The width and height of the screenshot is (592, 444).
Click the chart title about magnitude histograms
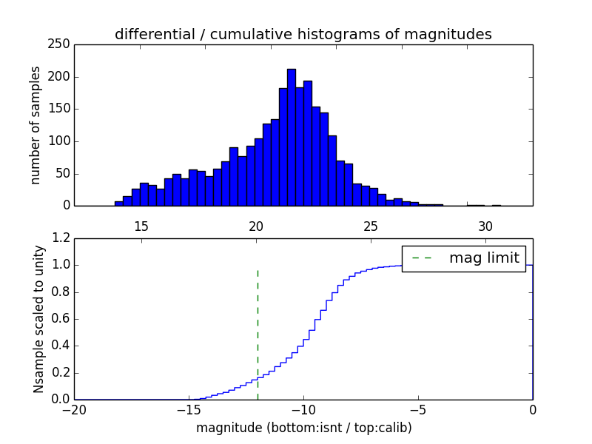click(303, 34)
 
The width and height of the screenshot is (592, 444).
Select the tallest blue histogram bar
click(292, 137)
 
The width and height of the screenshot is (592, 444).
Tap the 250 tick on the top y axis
click(61, 44)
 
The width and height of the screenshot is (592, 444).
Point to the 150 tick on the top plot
click(61, 109)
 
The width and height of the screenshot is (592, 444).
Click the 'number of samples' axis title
click(36, 125)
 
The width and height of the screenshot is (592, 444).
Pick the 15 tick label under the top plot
click(141, 226)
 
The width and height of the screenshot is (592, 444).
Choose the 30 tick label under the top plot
click(485, 226)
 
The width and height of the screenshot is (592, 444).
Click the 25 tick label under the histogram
click(371, 226)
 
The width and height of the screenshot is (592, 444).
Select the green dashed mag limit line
click(258, 333)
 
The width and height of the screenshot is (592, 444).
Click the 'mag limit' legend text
click(484, 258)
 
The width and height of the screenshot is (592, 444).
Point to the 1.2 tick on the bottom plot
click(61, 238)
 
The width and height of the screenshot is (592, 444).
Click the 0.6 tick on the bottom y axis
click(61, 319)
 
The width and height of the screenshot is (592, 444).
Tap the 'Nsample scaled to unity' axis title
click(38, 319)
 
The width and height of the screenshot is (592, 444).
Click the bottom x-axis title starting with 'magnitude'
click(303, 428)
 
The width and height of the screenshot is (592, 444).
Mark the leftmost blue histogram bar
click(118, 203)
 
